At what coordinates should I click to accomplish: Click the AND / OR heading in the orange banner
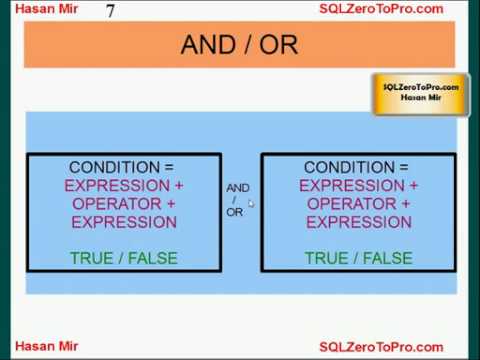[x=240, y=45]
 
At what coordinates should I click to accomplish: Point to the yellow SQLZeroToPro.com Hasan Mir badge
[x=419, y=92]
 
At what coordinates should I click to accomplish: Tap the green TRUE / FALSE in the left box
[x=124, y=258]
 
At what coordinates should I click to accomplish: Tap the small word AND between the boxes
[x=238, y=188]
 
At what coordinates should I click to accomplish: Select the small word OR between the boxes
[x=235, y=212]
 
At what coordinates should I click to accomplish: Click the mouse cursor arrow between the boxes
[x=252, y=203]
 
